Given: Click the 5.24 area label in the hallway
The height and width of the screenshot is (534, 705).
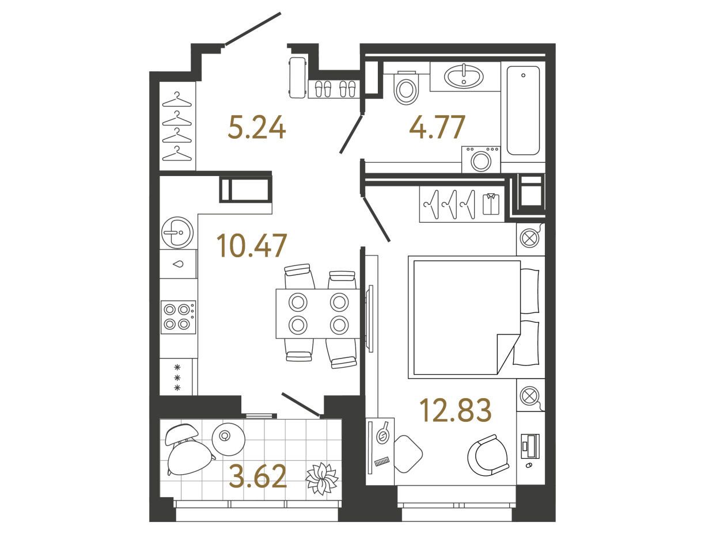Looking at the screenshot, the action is click(257, 127).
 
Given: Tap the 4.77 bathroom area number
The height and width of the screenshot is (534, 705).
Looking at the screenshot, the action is click(437, 127).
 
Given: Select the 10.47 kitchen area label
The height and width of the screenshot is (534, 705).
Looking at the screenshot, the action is click(252, 245).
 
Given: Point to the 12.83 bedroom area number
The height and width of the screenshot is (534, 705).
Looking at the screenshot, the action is click(456, 410).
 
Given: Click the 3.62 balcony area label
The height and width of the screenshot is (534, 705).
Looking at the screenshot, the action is click(258, 476).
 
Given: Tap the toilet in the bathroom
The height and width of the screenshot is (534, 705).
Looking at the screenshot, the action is click(406, 87).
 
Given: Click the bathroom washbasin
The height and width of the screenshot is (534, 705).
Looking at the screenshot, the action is click(464, 77).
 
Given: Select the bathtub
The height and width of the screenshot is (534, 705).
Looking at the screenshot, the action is click(523, 110).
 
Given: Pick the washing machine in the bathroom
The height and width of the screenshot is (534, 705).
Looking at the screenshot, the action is click(481, 159).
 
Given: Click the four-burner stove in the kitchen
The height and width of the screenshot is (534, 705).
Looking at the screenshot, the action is click(178, 317).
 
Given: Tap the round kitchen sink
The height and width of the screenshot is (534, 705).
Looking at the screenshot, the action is click(177, 232).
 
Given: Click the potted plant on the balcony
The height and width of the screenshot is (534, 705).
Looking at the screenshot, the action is click(321, 478).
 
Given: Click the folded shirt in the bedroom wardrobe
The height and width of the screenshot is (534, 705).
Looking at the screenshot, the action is click(491, 204).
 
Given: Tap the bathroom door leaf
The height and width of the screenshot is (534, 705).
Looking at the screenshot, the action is click(351, 135).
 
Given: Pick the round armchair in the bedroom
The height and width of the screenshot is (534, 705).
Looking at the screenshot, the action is click(488, 455).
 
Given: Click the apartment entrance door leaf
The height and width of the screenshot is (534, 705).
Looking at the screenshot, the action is click(253, 29).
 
